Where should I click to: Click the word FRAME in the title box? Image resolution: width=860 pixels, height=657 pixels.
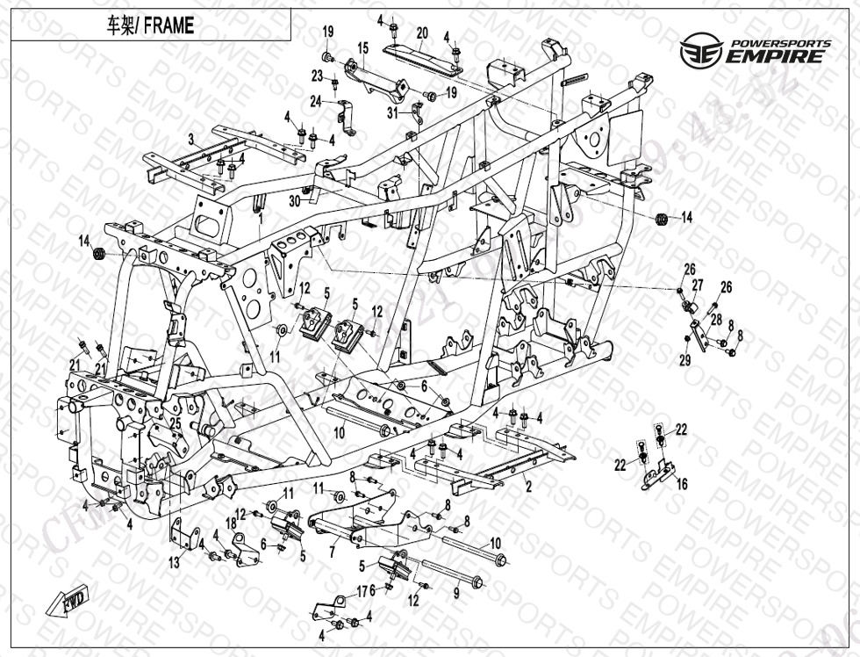click(169, 26)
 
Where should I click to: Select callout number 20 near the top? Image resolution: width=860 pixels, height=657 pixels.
click(421, 33)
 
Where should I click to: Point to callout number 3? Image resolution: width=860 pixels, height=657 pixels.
click(190, 139)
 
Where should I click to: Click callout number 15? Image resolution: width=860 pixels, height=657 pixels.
click(362, 47)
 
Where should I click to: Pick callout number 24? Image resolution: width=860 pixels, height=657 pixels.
click(316, 101)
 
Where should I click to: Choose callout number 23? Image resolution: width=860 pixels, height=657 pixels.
click(317, 76)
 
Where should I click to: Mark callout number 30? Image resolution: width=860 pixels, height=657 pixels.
click(295, 200)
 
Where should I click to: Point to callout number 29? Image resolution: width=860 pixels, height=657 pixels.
click(685, 360)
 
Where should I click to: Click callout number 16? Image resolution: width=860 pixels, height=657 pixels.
click(682, 484)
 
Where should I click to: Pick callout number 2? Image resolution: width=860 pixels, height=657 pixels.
click(528, 485)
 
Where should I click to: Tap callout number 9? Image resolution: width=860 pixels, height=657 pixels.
click(455, 593)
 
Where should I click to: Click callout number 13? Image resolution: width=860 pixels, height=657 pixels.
click(174, 563)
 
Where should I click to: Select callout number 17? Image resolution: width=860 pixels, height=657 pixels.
click(362, 590)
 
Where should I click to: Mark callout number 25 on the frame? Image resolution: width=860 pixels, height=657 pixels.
click(175, 424)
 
